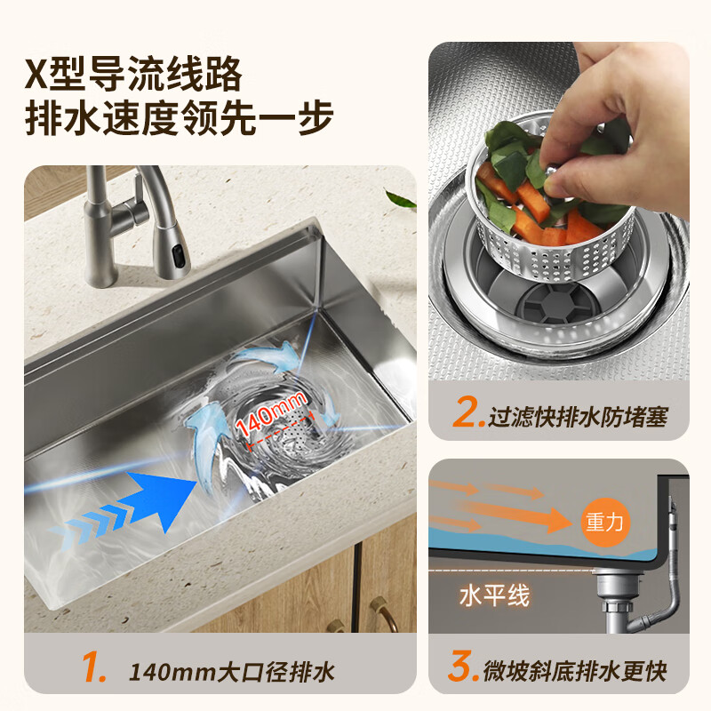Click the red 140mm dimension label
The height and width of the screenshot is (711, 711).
tap(272, 415)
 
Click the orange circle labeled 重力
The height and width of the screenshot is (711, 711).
tap(605, 522)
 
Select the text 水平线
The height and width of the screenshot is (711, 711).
tap(494, 595)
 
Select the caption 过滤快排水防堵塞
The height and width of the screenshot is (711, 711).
tap(578, 415)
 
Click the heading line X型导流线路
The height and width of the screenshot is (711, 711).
tap(132, 74)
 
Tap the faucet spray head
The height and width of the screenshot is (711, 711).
tap(172, 250)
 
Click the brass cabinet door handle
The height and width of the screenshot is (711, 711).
tap(379, 613)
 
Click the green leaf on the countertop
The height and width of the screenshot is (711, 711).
tap(401, 199)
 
